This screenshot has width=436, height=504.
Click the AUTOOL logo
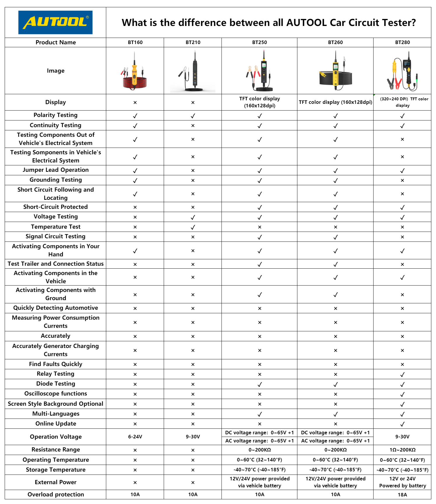point(55,22)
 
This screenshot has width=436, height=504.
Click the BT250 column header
point(259,42)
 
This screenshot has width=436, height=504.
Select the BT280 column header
point(402,42)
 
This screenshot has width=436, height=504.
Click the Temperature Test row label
point(55,227)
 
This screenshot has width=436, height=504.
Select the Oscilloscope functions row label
point(55,393)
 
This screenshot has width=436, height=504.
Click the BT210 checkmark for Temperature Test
point(193,227)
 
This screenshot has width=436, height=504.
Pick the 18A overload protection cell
point(402,494)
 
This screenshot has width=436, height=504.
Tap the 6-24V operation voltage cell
point(135,437)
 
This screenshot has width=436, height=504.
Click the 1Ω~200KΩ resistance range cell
point(402,450)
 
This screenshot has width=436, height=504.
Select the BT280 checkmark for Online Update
point(402,424)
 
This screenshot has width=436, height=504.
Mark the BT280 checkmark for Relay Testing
point(402,374)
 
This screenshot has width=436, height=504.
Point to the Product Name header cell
point(55,42)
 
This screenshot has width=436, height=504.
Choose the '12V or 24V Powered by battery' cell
point(402,482)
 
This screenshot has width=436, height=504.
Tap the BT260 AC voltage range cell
point(335,441)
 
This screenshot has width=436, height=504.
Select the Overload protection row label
point(55,494)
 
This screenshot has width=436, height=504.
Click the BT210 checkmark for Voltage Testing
point(193,217)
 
